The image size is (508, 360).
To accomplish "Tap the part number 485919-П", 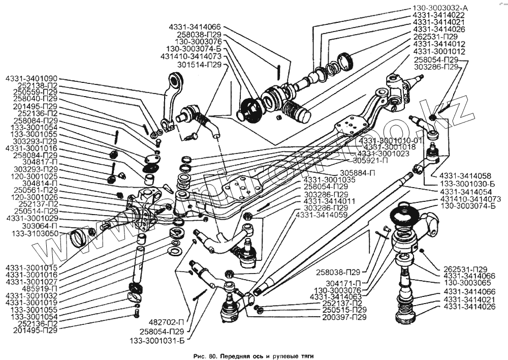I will [42, 288].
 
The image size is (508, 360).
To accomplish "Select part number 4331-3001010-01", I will [391, 140].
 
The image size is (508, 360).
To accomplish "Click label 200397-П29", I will [344, 317].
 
